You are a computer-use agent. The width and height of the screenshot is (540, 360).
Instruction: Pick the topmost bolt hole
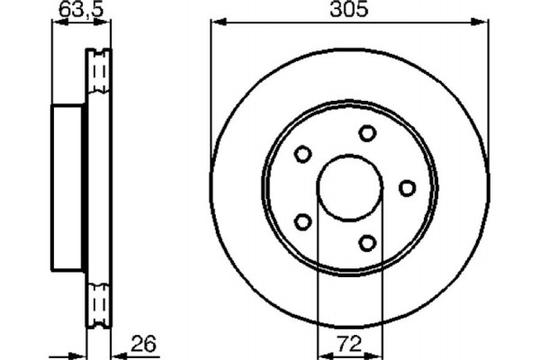pos(367,133)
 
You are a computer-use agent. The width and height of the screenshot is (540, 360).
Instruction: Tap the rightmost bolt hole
pos(407,187)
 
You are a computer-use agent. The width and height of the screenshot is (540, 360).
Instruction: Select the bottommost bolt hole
pos(367,242)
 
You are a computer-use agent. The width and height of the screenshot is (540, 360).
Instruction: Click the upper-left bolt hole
pos(303,154)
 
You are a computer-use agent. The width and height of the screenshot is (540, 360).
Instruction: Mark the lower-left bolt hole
pos(303,221)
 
